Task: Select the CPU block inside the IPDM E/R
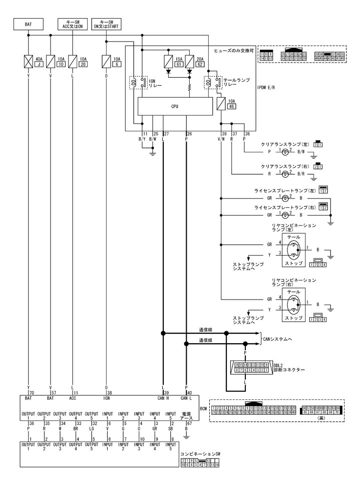pos(174,106)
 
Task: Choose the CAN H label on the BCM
pos(163,398)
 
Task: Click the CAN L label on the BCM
pos(186,398)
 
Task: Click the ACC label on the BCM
pos(73,398)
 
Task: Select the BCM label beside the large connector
pos(203,409)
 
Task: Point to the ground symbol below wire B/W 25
pos(152,154)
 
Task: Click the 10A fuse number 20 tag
pos(83,64)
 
